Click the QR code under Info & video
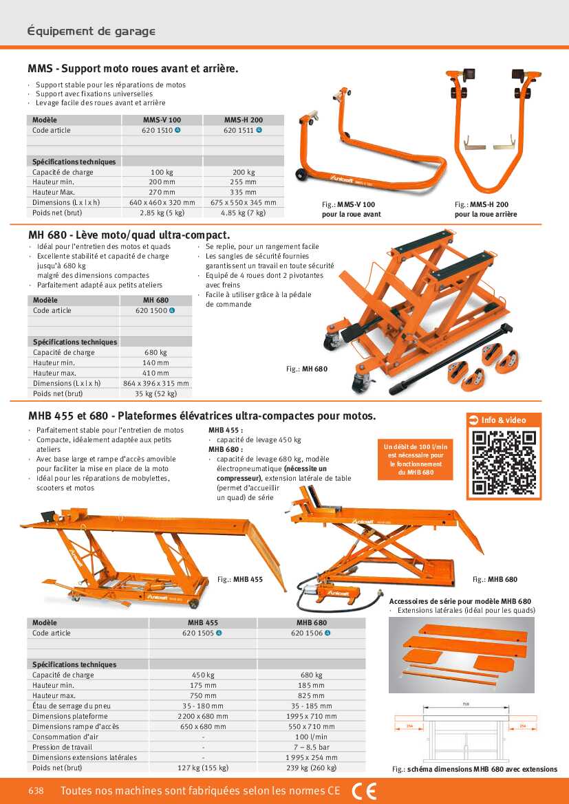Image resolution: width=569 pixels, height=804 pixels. click(504, 462)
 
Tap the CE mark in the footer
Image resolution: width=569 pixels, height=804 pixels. click(364, 791)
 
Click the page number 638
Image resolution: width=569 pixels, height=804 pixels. click(35, 791)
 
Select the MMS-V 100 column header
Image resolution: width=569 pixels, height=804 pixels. click(162, 120)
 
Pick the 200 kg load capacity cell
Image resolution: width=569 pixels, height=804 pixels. click(244, 172)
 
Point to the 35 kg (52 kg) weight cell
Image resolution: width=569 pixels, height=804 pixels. click(156, 394)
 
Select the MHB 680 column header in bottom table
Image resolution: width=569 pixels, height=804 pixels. click(312, 623)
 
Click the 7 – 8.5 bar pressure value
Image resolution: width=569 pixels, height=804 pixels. click(312, 747)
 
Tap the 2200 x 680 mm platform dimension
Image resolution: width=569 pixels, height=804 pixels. click(203, 717)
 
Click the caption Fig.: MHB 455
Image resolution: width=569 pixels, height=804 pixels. click(240, 579)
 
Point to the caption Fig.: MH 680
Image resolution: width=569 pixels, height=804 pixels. click(307, 369)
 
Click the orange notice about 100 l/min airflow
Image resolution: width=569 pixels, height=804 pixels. click(416, 459)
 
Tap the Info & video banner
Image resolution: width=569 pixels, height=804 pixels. click(504, 420)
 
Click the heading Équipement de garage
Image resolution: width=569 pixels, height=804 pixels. click(92, 31)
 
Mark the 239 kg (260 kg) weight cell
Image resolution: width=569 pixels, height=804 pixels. click(312, 768)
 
